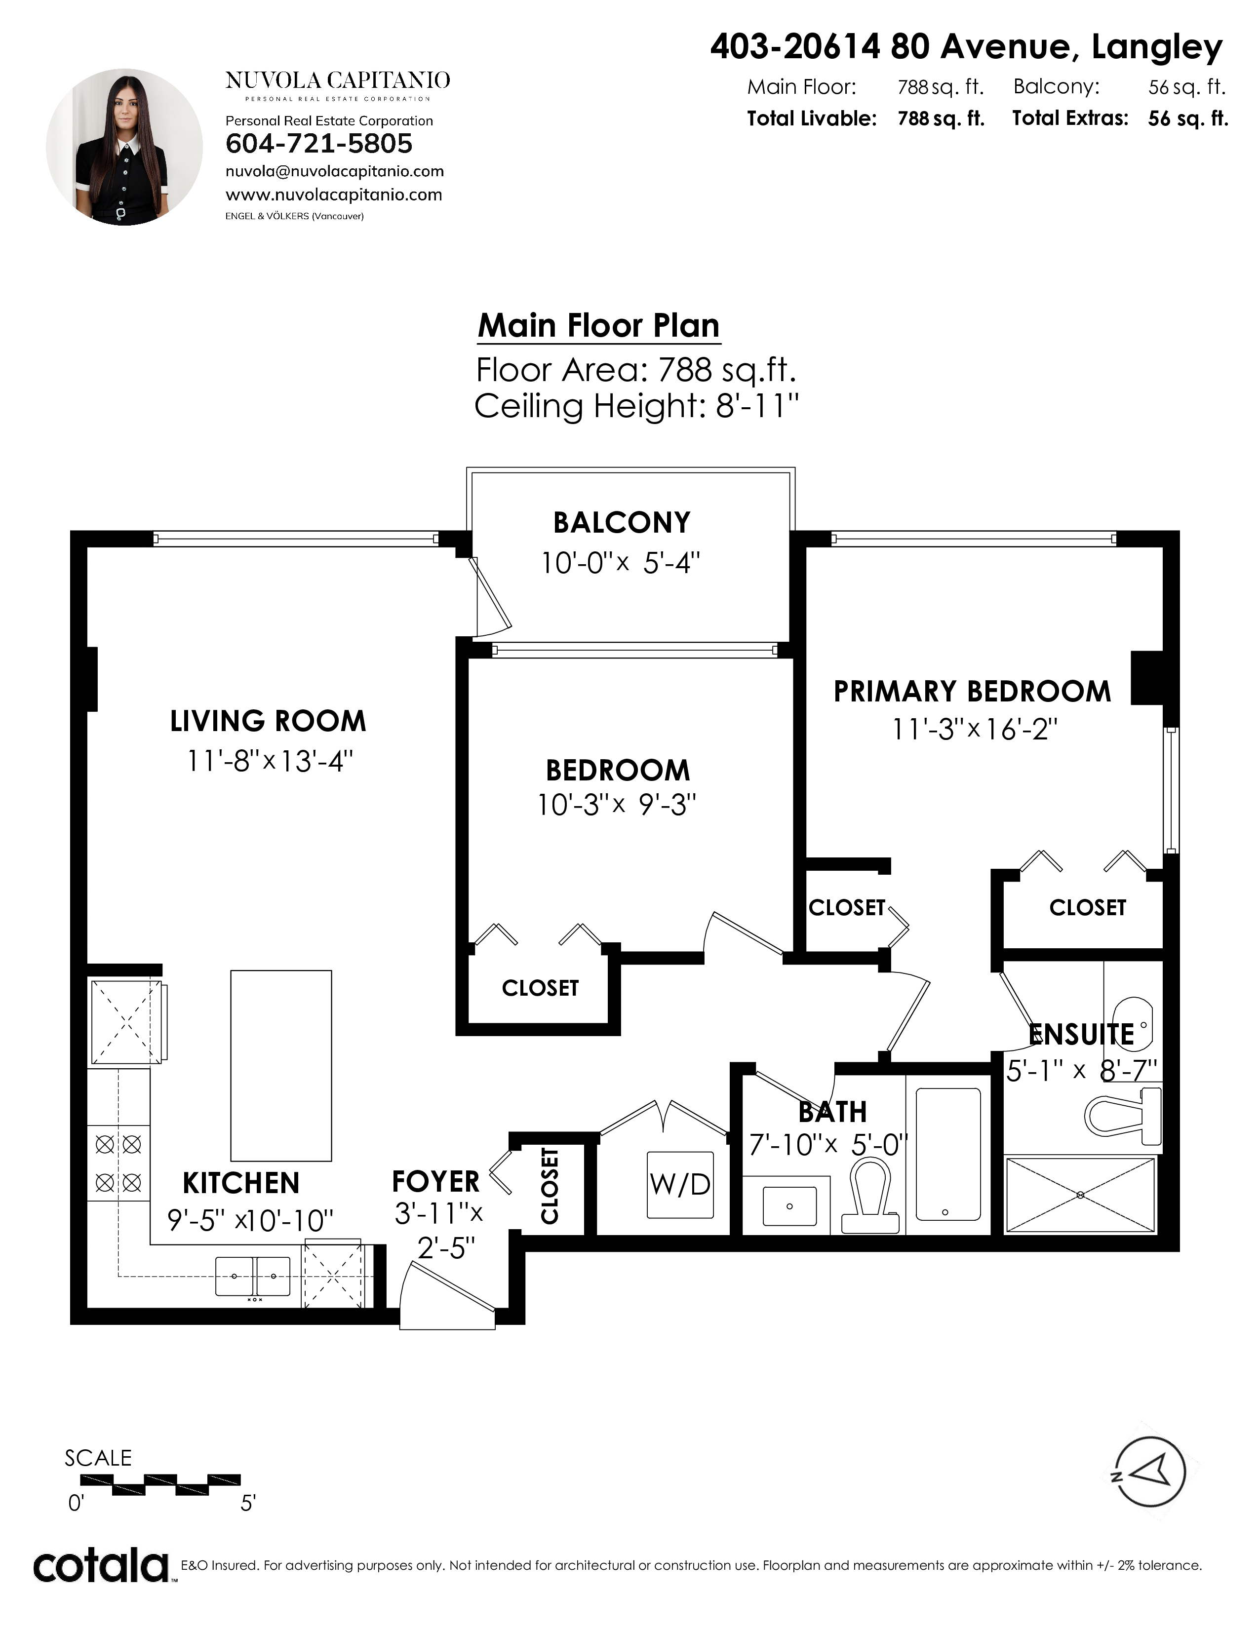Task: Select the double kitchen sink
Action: tap(253, 1276)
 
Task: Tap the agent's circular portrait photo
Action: tap(124, 147)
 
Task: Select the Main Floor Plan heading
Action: tap(599, 326)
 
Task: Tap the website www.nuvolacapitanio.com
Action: tap(333, 194)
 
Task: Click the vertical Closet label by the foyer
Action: tap(550, 1186)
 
